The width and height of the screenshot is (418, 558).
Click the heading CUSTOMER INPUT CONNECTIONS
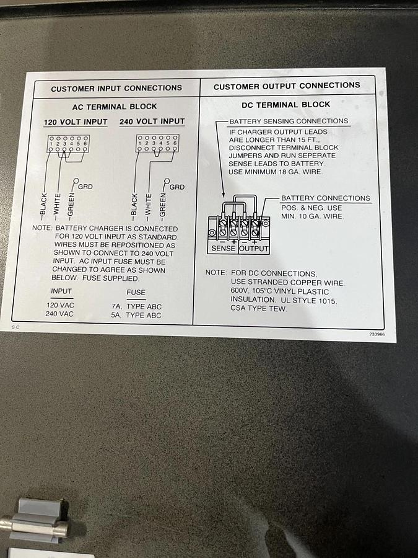116,88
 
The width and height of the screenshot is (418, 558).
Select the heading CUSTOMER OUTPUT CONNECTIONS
287,86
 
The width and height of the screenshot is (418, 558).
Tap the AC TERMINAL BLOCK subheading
115,107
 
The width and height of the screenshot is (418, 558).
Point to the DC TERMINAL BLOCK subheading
285,105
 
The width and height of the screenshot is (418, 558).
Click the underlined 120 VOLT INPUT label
76,122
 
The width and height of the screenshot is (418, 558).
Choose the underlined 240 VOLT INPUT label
152,122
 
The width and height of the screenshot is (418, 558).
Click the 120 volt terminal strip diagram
68,144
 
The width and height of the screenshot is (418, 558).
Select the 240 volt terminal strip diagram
157,143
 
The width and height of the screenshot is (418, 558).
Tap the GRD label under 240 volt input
177,187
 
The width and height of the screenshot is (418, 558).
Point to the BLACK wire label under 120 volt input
43,205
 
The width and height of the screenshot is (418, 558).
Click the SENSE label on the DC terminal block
223,249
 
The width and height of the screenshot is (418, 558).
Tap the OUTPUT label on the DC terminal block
253,249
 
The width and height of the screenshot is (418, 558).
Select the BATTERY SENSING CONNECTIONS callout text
289,122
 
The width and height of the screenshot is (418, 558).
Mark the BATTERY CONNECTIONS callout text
326,198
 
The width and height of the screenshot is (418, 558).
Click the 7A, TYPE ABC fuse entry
136,306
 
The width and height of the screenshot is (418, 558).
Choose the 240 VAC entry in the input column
59,314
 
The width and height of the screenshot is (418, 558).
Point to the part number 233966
377,334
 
